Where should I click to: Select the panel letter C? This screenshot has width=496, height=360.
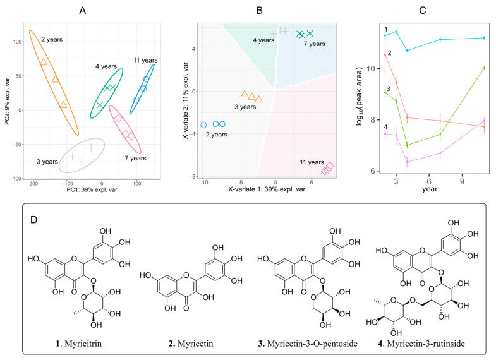423,10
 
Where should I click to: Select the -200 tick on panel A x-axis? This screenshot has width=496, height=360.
32,182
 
